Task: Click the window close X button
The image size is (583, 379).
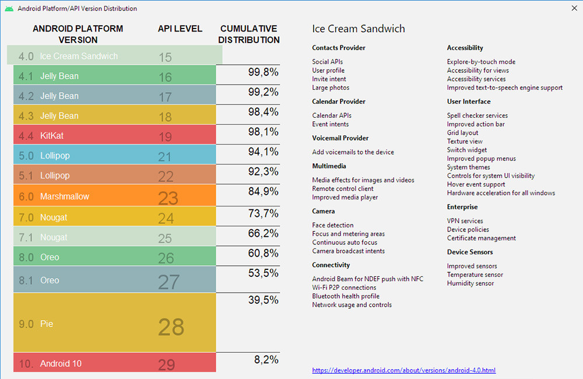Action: tap(573, 9)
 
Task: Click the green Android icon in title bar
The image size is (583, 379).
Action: tap(9, 9)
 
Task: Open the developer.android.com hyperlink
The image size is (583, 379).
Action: tap(404, 370)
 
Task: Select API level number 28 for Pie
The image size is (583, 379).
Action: tap(171, 327)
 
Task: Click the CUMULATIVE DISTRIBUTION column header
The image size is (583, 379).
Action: tap(250, 34)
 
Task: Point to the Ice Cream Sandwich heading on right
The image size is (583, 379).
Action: tap(358, 29)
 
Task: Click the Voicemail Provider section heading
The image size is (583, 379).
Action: tap(340, 138)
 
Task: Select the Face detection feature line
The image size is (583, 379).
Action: tap(333, 225)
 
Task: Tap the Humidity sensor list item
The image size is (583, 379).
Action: tap(470, 283)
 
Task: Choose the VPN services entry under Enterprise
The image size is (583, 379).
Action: tap(465, 221)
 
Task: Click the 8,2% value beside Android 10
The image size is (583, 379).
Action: tap(266, 360)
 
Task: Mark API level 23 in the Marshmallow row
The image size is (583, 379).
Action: tap(168, 198)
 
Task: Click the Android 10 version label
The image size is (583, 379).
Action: tap(61, 364)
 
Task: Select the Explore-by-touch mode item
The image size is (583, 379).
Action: tap(481, 62)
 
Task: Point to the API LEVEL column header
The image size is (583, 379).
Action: tap(180, 29)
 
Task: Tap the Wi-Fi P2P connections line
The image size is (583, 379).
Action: tap(344, 287)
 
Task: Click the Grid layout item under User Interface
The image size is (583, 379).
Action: tap(462, 133)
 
